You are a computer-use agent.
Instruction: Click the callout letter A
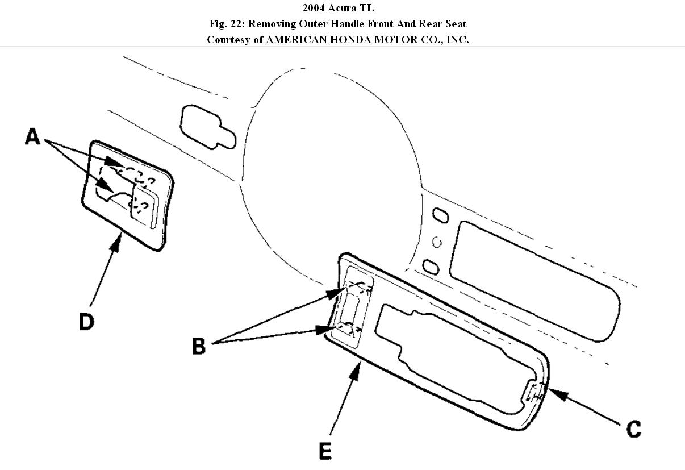point(33,136)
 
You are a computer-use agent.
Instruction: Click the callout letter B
point(198,346)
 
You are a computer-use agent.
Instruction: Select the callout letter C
point(633,429)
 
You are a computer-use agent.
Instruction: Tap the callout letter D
point(86,322)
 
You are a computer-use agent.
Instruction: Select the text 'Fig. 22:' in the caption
point(227,24)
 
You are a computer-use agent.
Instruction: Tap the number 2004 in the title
point(314,8)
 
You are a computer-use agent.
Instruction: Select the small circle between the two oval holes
point(437,243)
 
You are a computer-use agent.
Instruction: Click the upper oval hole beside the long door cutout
point(441,215)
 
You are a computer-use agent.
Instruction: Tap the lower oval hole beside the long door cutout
point(430,265)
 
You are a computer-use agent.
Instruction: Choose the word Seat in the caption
point(454,24)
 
